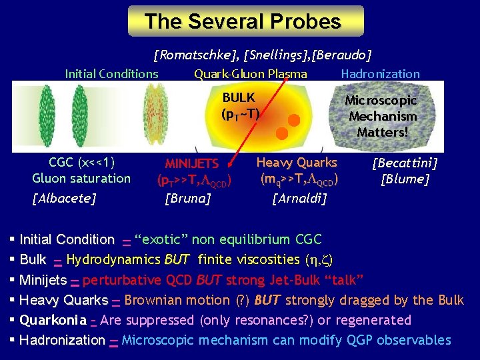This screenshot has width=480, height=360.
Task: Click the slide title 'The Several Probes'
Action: click(246, 21)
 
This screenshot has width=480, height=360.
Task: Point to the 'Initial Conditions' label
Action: click(111, 74)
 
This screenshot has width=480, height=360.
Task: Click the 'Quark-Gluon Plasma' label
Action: click(250, 74)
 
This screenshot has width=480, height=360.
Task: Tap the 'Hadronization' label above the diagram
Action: click(380, 74)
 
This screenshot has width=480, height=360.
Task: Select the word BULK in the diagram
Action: click(238, 98)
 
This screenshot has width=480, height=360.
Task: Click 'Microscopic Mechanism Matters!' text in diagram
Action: click(381, 116)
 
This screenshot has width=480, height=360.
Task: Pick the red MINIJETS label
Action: click(192, 163)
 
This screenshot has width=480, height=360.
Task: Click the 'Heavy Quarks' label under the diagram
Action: click(297, 162)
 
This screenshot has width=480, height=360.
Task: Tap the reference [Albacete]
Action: click(64, 197)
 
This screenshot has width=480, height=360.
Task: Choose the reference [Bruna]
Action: click(188, 197)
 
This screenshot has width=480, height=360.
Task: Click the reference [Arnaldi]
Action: click(299, 197)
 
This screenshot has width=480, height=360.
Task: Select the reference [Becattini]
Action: click(405, 163)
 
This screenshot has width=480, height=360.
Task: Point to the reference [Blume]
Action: click(405, 179)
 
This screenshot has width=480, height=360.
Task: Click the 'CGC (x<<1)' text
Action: click(81, 162)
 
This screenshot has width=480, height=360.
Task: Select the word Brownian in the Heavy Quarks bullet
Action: click(152, 300)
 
